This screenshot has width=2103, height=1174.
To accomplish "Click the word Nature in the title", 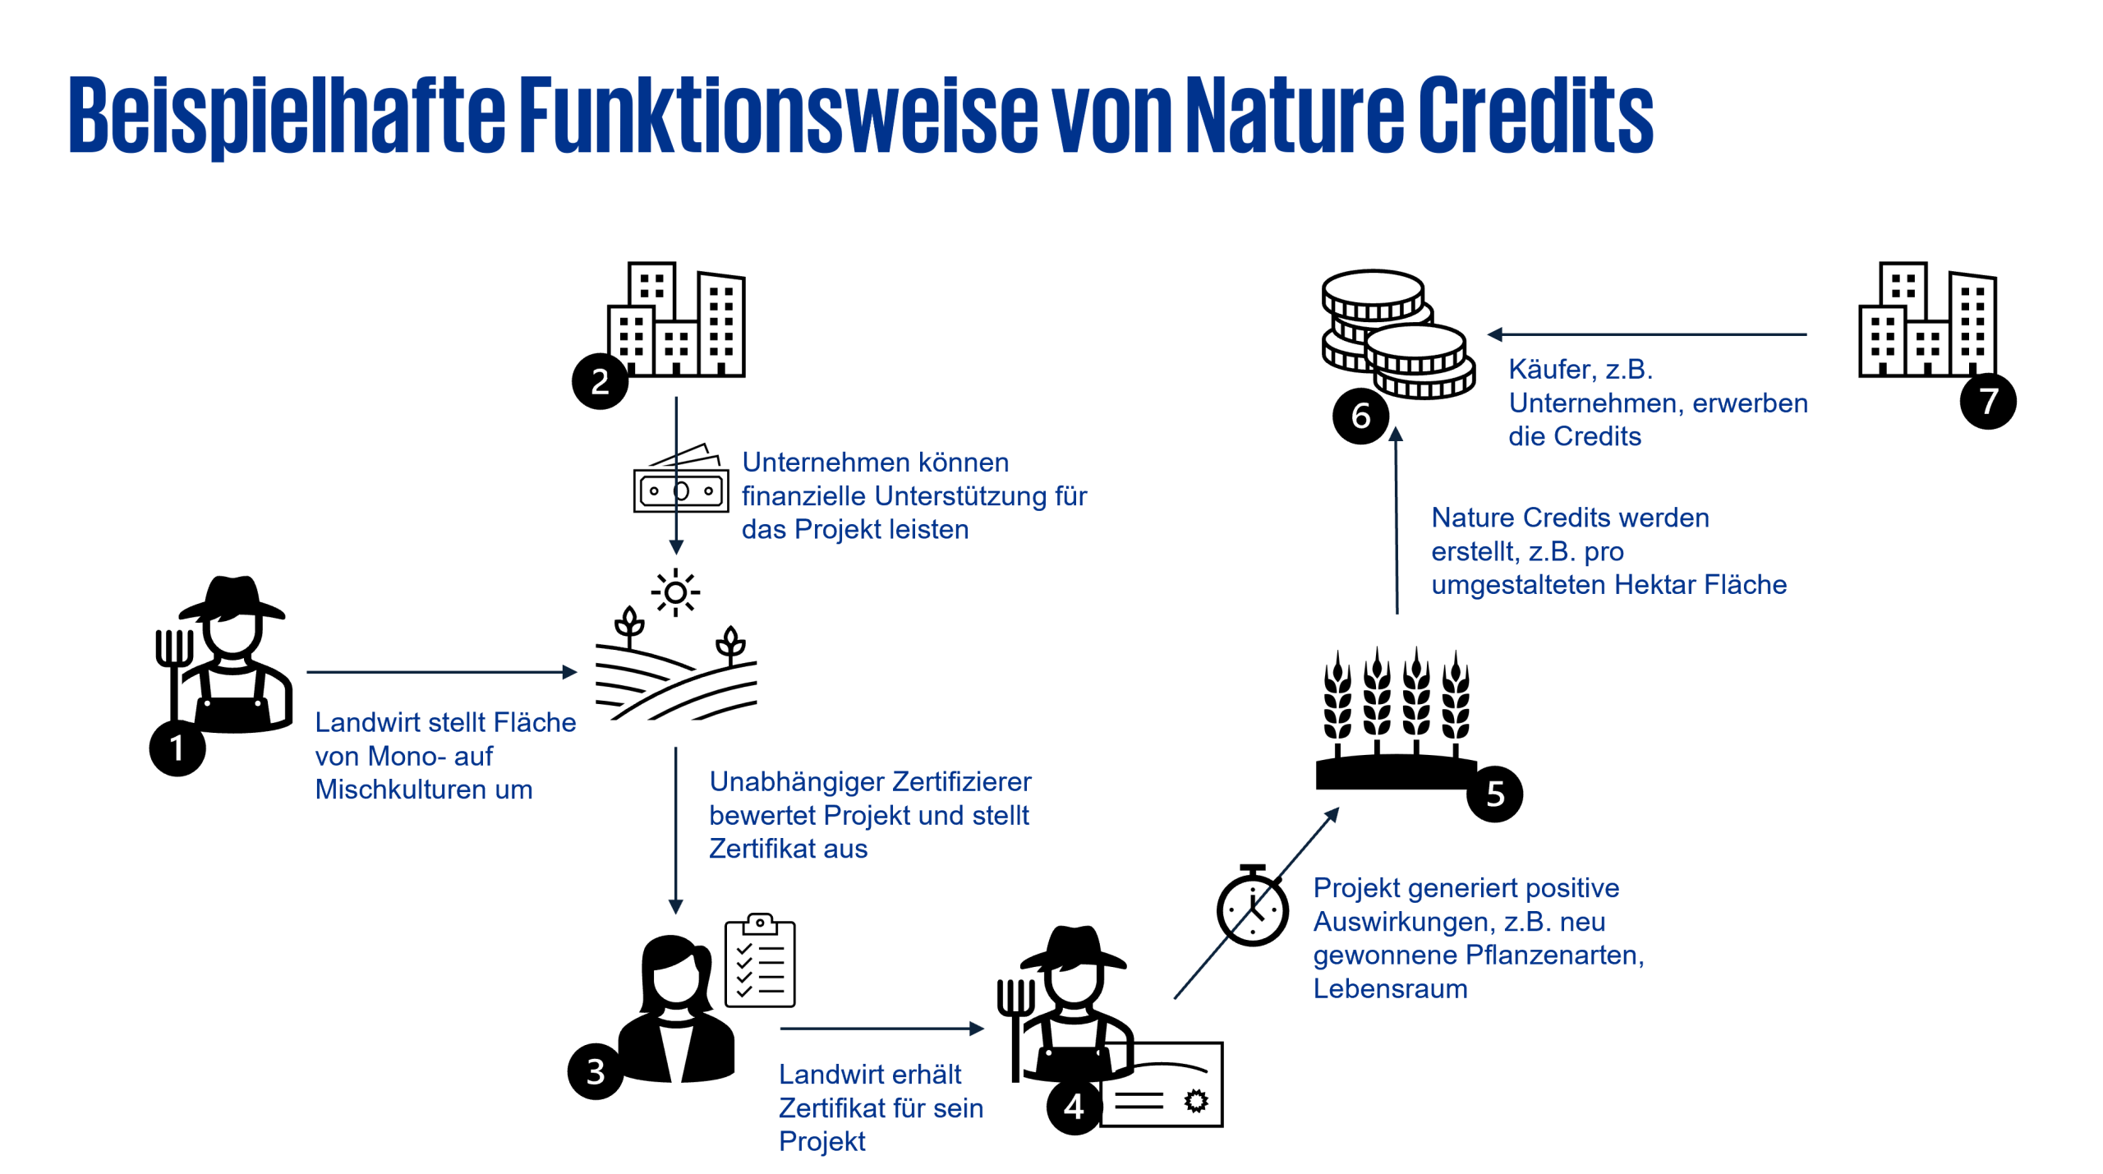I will point(1295,115).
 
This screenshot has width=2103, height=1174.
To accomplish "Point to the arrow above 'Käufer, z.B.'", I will point(1646,334).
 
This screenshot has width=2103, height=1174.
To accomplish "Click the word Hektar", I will point(1654,585).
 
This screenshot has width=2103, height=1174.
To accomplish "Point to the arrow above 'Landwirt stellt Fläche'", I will point(442,672).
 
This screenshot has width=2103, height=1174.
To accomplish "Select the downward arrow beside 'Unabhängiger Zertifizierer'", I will point(676,830).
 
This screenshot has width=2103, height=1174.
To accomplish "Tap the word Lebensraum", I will point(1390,989).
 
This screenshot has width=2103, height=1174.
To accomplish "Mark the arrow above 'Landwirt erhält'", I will point(881,1029).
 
